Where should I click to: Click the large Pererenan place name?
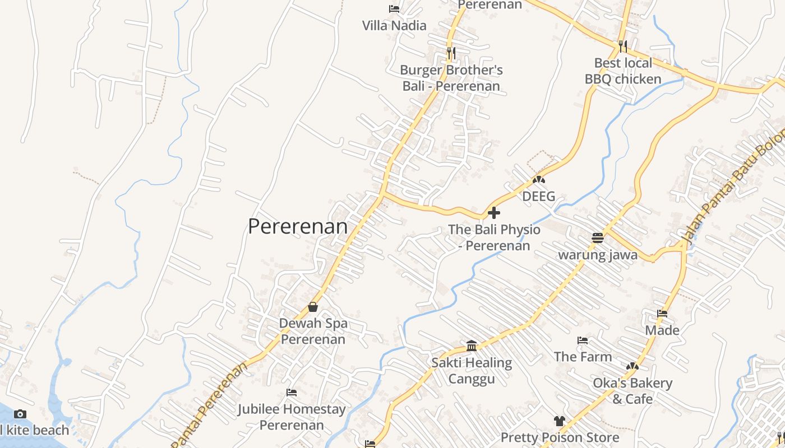click(x=298, y=226)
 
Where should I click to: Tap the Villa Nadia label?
click(x=394, y=25)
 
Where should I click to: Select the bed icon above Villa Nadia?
click(x=394, y=9)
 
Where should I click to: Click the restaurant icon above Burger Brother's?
click(x=451, y=53)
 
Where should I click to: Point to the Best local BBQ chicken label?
click(x=623, y=71)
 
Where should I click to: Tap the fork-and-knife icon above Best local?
click(x=623, y=45)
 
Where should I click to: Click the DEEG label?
click(x=539, y=197)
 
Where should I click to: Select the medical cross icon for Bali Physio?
click(x=494, y=213)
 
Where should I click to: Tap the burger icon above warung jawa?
click(x=598, y=238)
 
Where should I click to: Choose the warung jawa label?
click(x=598, y=255)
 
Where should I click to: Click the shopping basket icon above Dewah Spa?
click(x=313, y=307)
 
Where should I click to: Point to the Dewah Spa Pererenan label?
click(x=313, y=331)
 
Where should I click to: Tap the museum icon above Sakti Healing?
click(x=472, y=346)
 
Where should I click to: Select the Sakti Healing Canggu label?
click(x=472, y=371)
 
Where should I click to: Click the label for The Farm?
click(x=583, y=356)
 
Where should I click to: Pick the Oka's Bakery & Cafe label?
click(x=632, y=391)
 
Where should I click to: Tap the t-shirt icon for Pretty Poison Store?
click(x=559, y=421)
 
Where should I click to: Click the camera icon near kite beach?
click(x=20, y=414)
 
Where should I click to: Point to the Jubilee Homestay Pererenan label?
click(x=292, y=417)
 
